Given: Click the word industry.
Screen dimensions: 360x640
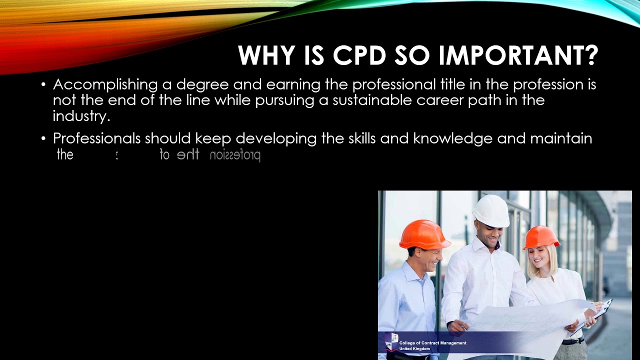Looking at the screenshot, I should (81, 116).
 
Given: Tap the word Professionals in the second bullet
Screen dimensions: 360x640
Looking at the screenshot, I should (96, 138).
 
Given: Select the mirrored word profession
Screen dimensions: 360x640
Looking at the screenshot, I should (235, 155).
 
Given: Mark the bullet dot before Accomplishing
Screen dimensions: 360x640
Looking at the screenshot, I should (44, 84).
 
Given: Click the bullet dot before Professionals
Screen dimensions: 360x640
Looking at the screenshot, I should (44, 138).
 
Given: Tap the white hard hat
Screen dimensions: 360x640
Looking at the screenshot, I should (491, 210).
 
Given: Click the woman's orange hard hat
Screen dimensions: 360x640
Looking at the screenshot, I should (541, 237).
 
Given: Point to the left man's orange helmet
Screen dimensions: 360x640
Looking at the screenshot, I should (424, 234).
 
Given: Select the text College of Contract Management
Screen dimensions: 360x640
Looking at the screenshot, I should (432, 343).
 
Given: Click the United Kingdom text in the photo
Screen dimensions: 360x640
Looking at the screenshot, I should (414, 348).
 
